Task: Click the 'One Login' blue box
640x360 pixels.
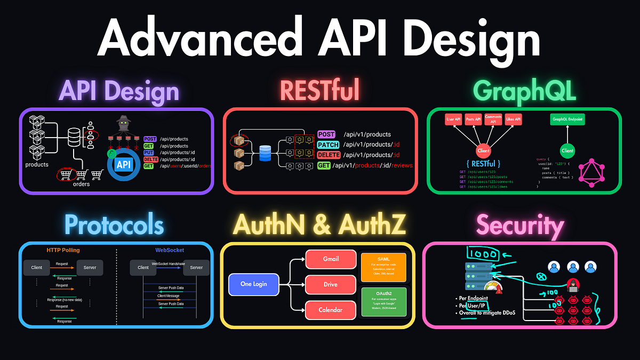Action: [x=253, y=284]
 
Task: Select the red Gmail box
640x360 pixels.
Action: [x=330, y=259]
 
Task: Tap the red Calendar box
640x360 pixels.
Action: [x=330, y=309]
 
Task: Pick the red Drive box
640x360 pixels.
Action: [x=330, y=284]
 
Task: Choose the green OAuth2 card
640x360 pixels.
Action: [x=383, y=302]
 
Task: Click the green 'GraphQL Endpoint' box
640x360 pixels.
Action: [x=567, y=119]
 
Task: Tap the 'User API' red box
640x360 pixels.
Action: [x=454, y=119]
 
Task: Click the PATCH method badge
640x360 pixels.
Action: [x=328, y=145]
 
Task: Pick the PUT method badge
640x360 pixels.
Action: [x=150, y=153]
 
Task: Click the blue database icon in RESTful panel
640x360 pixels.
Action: [x=265, y=153]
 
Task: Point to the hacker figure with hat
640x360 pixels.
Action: [x=123, y=125]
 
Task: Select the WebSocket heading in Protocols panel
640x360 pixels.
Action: [x=170, y=250]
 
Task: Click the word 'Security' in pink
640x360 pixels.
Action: [x=520, y=226]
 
